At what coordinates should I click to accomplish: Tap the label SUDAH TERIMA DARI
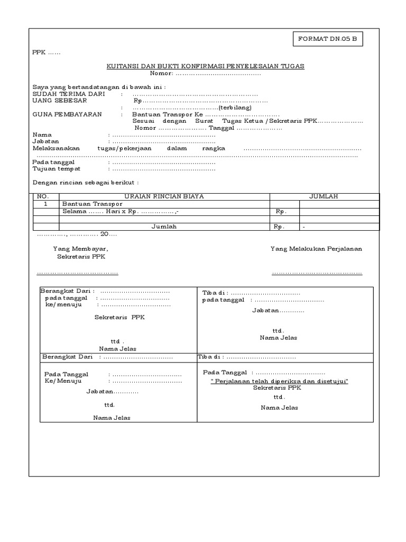click(69, 94)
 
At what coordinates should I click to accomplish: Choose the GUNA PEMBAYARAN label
click(67, 114)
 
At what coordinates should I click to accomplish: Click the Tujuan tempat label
click(57, 169)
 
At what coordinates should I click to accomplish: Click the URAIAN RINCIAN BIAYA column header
click(164, 196)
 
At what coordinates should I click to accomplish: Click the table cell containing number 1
click(45, 204)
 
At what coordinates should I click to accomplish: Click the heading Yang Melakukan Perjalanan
click(316, 248)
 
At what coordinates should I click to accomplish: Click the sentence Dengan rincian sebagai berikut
click(86, 182)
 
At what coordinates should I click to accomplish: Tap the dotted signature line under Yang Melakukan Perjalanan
click(317, 273)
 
